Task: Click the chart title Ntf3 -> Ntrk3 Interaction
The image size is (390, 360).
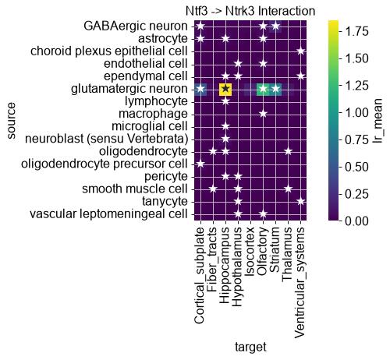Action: pyautogui.click(x=250, y=11)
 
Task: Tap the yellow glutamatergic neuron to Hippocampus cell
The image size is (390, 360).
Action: pyautogui.click(x=225, y=89)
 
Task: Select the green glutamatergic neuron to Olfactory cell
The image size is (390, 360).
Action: pyautogui.click(x=263, y=89)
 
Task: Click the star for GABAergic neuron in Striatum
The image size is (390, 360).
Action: pyautogui.click(x=275, y=26)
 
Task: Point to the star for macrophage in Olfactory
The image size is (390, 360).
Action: pyautogui.click(x=263, y=114)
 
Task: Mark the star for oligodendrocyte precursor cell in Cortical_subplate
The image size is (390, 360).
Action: pyautogui.click(x=200, y=164)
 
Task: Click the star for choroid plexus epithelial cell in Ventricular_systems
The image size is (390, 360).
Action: pyautogui.click(x=300, y=51)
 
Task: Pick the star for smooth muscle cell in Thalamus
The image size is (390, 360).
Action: pyautogui.click(x=288, y=189)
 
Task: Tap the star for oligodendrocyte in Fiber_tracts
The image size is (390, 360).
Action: pyautogui.click(x=213, y=151)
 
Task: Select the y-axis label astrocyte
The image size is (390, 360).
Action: pyautogui.click(x=163, y=39)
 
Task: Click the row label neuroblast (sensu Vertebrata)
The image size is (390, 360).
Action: pyautogui.click(x=107, y=139)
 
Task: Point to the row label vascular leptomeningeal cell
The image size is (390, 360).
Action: pyautogui.click(x=108, y=214)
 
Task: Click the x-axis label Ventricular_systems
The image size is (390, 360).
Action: pyautogui.click(x=300, y=283)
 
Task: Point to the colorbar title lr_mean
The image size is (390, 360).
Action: pyautogui.click(x=378, y=121)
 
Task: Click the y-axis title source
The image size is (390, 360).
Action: pyautogui.click(x=11, y=121)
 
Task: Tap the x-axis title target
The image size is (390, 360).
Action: pyautogui.click(x=250, y=347)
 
